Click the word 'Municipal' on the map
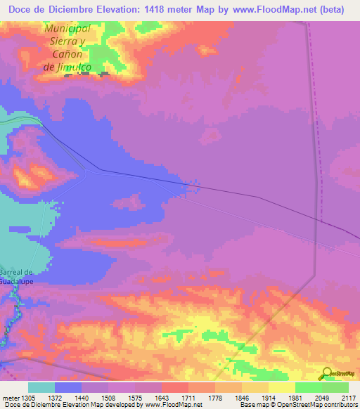(67, 28)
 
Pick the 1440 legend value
(82, 396)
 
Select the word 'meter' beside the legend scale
(9, 396)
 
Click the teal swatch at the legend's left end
(41, 387)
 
